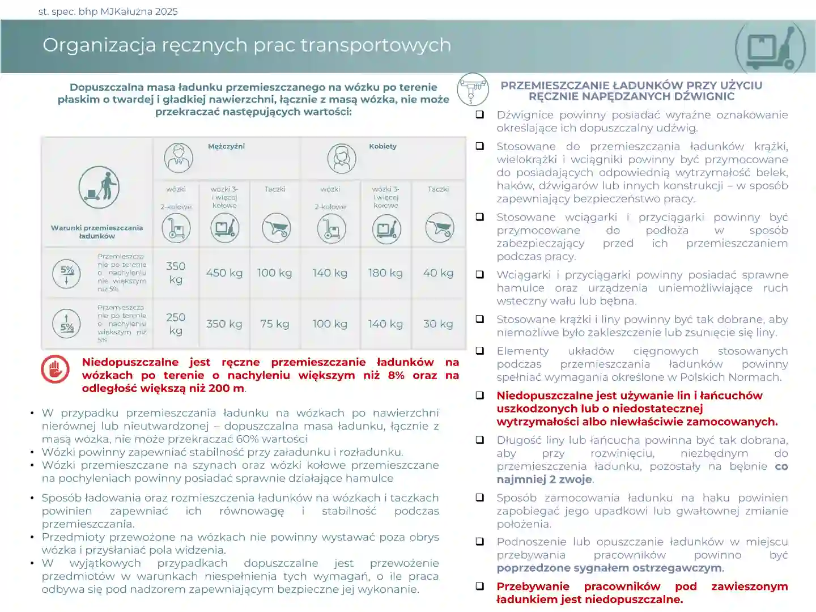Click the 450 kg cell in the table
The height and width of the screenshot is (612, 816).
tap(224, 273)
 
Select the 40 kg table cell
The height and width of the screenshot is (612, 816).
tap(438, 273)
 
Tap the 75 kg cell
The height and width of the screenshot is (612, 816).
tap(274, 324)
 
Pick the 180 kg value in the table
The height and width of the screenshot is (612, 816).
tap(385, 273)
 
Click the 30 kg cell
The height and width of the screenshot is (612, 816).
tap(438, 324)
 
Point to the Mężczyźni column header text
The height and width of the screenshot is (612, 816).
tap(226, 146)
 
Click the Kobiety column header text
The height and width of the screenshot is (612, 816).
tap(382, 146)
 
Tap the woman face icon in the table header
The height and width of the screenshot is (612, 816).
tap(341, 158)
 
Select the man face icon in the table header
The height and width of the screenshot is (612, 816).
tap(178, 158)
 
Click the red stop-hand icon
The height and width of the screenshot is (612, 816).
tap(55, 369)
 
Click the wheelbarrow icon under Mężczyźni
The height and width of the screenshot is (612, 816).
tap(276, 228)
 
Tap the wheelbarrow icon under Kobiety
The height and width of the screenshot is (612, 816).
tap(439, 228)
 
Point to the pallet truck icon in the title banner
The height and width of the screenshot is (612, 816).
tap(770, 47)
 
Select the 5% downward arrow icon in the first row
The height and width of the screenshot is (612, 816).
tap(67, 273)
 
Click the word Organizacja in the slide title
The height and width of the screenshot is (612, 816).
tap(99, 45)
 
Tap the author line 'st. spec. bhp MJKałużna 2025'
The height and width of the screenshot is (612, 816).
tap(108, 11)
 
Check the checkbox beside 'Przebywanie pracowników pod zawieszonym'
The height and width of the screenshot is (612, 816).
tap(480, 586)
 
